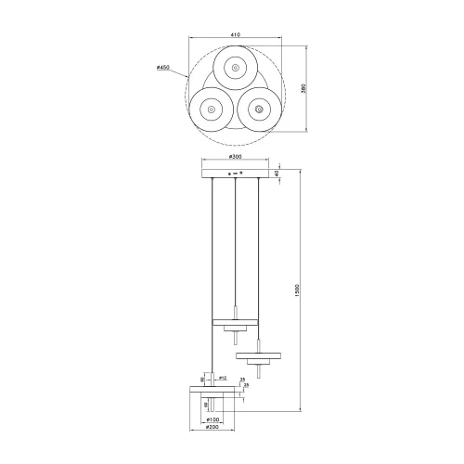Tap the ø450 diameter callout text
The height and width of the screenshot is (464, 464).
(163, 68)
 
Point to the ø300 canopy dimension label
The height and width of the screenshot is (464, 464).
(237, 158)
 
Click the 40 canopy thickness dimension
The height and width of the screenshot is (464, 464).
(290, 173)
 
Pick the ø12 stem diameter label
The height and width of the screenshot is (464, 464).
(225, 378)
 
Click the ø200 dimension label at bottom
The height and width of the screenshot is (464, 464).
(213, 430)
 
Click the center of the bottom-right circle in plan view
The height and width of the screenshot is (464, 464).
(257, 110)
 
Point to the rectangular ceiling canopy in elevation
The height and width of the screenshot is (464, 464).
(237, 173)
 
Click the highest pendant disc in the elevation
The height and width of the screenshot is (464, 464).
(236, 323)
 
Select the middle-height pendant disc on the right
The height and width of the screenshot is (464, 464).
(259, 355)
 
